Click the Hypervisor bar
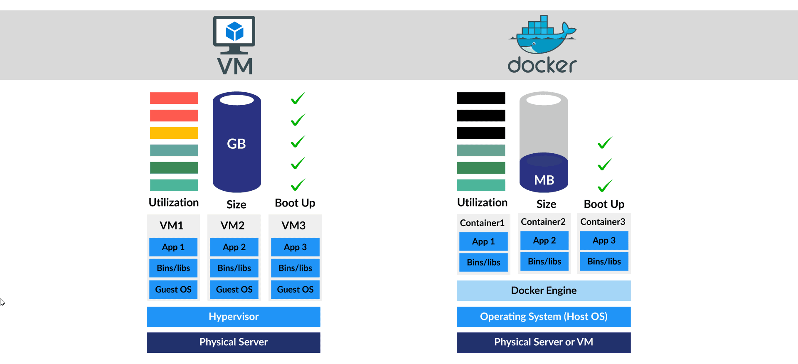[233, 317]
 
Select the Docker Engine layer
[543, 290]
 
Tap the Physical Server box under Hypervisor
[233, 342]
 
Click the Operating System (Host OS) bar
[543, 317]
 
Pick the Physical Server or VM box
[543, 342]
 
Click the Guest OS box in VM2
[234, 290]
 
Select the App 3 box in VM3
[295, 247]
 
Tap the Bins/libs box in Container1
[483, 263]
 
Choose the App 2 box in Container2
[544, 241]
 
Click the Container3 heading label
[603, 222]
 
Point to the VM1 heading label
[171, 226]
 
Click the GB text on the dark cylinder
[236, 144]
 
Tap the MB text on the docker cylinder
[544, 180]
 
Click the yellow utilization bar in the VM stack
[174, 133]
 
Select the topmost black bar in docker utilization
[481, 98]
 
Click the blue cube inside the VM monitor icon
[234, 32]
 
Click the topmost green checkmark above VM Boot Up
[298, 98]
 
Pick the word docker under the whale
[542, 66]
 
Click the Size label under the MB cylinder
[546, 204]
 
